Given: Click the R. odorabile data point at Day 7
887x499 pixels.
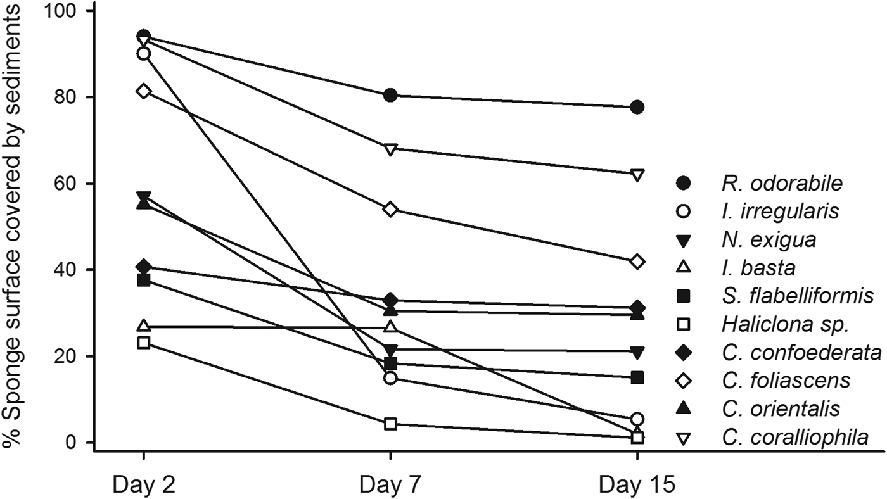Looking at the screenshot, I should (390, 96).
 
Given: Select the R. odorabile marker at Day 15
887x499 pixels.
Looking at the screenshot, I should (637, 108).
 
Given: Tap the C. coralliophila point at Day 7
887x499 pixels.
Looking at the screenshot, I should (390, 149).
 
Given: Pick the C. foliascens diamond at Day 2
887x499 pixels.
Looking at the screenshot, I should (144, 91).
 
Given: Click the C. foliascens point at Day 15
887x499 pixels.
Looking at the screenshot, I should (637, 262).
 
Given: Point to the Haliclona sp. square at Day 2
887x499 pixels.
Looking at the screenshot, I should (144, 343).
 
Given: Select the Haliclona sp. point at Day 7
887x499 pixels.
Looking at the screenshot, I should (390, 424).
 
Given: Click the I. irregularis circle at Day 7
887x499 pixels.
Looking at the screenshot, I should (390, 379).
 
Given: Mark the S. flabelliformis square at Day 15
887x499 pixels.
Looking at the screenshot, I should (637, 377).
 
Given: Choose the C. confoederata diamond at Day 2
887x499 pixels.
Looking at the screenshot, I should (144, 266).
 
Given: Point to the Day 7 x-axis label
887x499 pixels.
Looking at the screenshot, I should (390, 484).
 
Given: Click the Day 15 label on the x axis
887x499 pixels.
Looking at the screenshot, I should (637, 484).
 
